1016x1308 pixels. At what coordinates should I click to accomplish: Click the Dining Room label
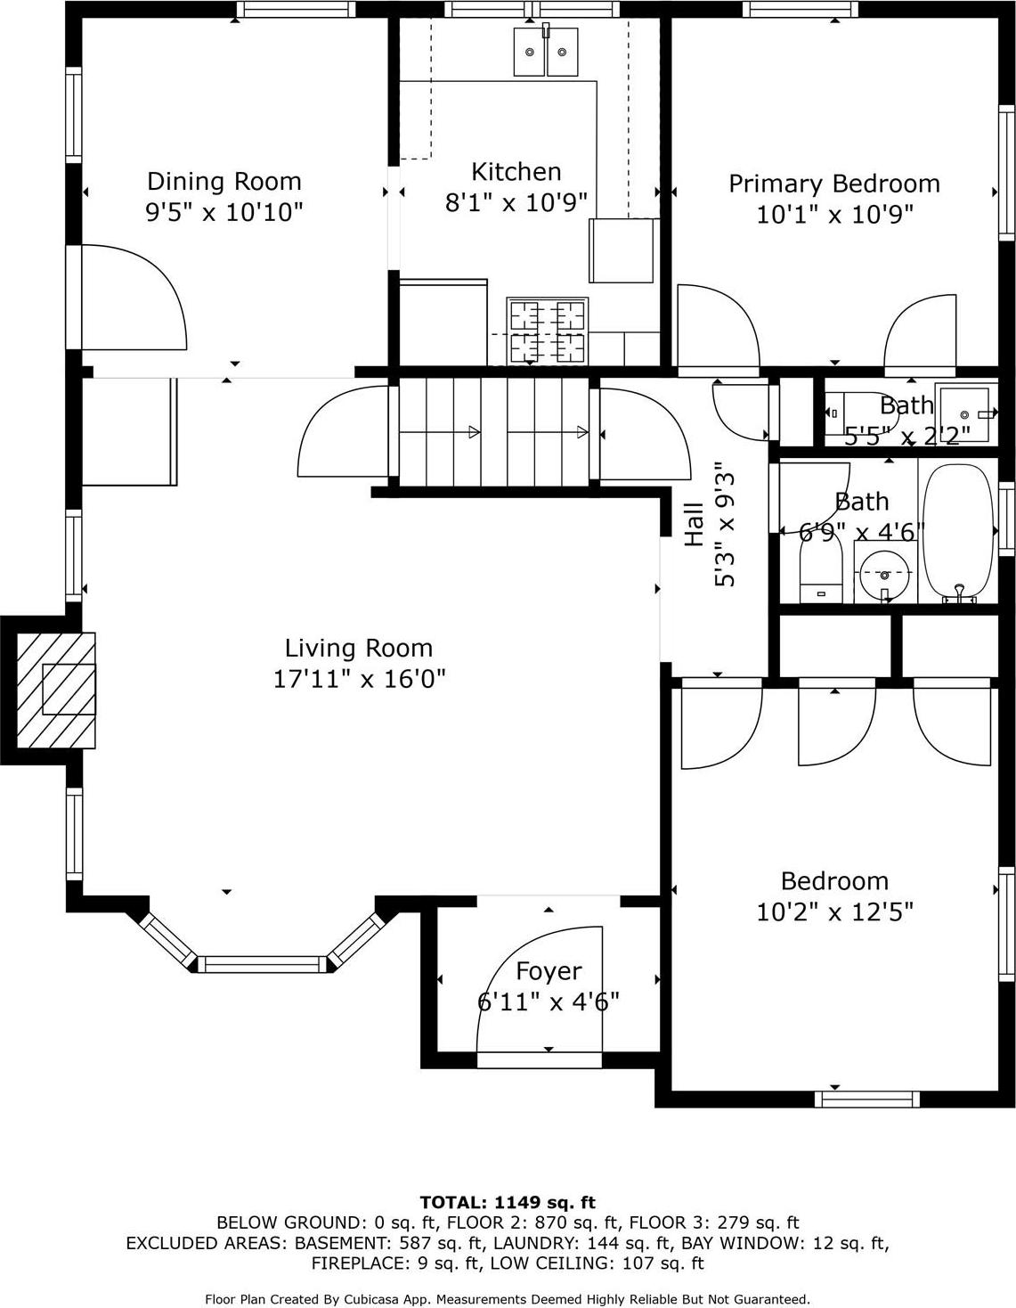click(224, 182)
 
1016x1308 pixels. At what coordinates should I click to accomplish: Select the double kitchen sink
click(545, 52)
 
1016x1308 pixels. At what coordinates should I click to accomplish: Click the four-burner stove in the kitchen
click(547, 331)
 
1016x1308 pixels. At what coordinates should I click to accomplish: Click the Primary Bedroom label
click(834, 184)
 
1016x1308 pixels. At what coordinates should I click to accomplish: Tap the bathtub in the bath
click(957, 532)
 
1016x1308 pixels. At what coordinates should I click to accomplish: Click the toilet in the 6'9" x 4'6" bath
click(820, 575)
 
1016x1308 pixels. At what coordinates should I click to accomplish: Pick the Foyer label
click(549, 971)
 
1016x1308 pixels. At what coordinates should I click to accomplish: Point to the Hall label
click(695, 524)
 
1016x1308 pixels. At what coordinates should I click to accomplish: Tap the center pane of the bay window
click(262, 964)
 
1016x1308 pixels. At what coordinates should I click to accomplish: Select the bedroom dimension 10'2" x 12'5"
click(834, 912)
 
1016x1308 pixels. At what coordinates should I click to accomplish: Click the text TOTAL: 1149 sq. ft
click(508, 1202)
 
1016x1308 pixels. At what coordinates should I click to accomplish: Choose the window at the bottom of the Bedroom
click(867, 1099)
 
